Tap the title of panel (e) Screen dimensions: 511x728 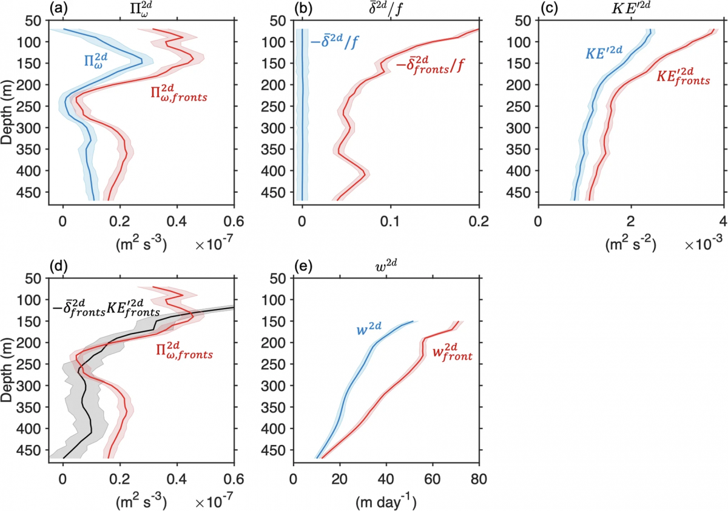[385, 266]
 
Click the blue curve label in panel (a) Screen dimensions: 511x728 [98, 60]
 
